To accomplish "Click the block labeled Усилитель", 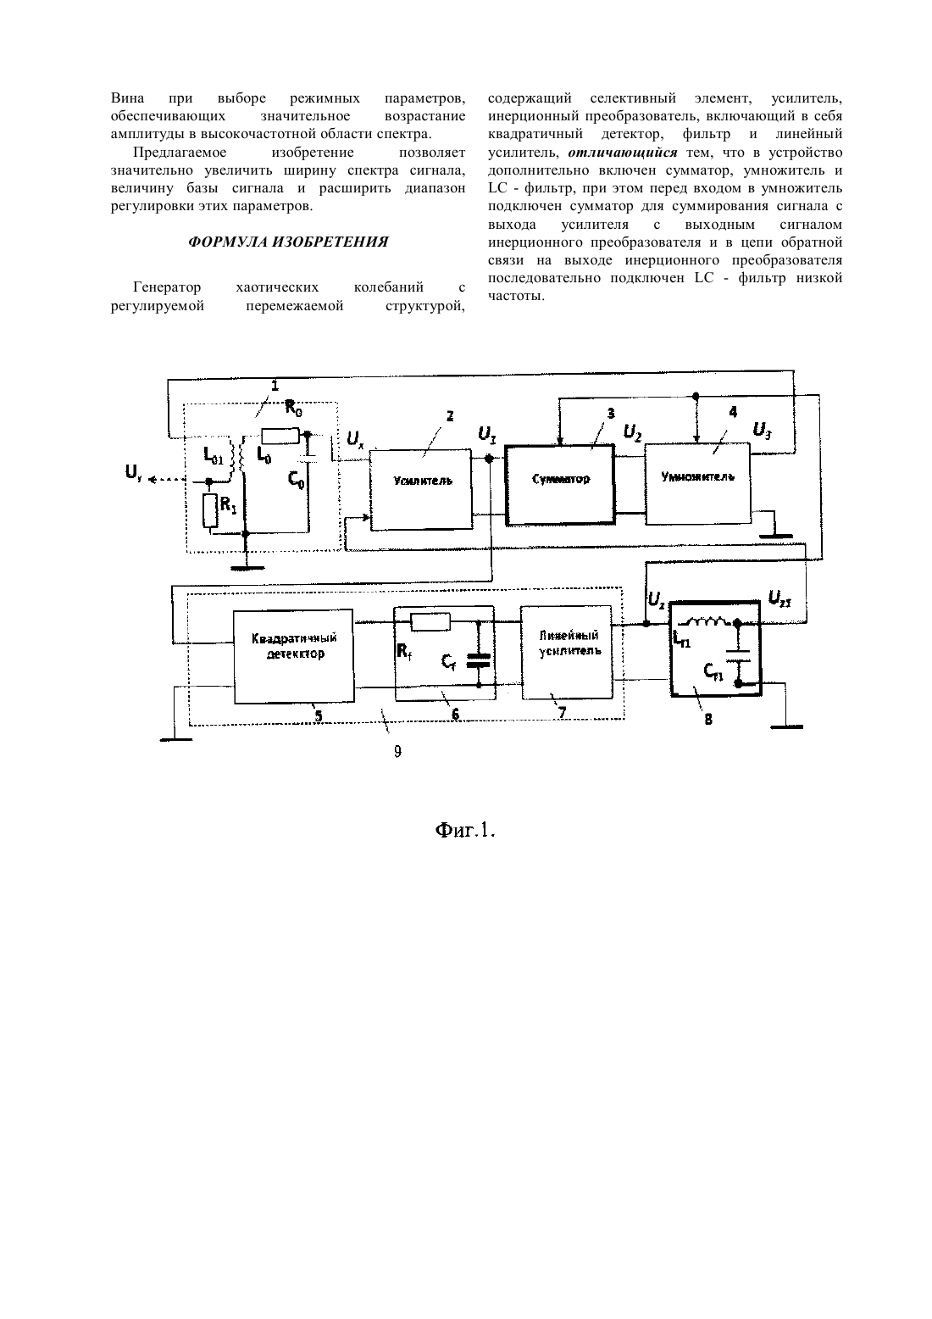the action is click(x=421, y=489).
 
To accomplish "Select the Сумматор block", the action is click(x=560, y=485).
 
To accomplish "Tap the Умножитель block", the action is click(x=698, y=483).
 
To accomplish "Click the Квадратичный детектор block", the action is click(x=294, y=656).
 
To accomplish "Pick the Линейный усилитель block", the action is click(x=567, y=653).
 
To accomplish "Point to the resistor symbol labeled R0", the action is click(x=280, y=436).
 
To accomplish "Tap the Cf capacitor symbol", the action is click(x=478, y=660).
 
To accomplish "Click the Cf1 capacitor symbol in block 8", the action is click(x=738, y=655).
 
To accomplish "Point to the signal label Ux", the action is click(x=355, y=438).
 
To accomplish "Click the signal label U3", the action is click(x=763, y=431).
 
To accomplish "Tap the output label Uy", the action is click(x=133, y=471).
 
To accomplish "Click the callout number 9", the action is click(x=397, y=751).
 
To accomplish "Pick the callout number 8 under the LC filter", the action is click(x=708, y=719).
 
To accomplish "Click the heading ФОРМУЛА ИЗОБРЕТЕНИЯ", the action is click(x=288, y=242).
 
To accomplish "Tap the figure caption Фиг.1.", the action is click(x=465, y=830).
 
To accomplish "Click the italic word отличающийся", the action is click(x=623, y=153).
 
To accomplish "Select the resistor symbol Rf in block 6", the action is click(x=430, y=622).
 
